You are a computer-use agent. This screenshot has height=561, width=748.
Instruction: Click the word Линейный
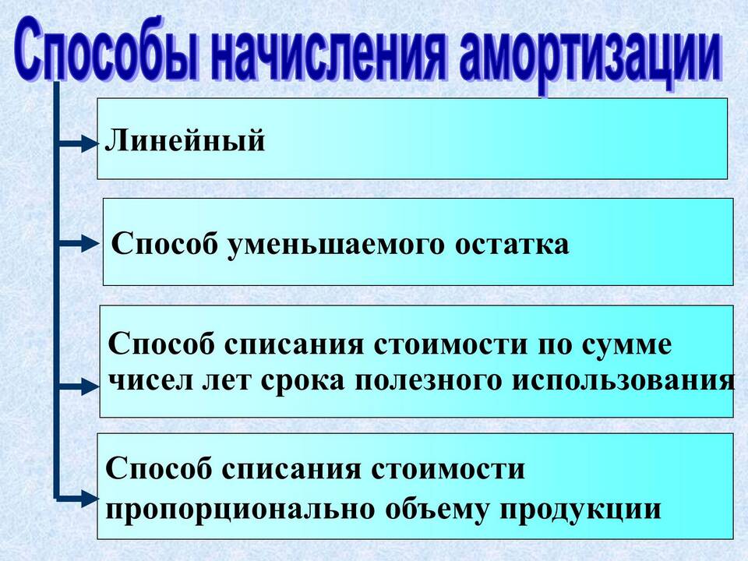(185, 141)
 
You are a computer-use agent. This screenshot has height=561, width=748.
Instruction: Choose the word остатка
(512, 245)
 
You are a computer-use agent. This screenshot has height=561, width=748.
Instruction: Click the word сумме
(626, 345)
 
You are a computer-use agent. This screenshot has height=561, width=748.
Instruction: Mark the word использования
(623, 381)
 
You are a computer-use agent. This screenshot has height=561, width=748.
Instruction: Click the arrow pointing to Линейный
(78, 143)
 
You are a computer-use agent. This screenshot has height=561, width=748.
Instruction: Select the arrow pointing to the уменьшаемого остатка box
(78, 243)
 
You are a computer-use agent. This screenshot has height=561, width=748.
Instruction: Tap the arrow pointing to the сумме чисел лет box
(78, 386)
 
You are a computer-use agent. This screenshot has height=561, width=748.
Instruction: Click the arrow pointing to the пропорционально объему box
(78, 499)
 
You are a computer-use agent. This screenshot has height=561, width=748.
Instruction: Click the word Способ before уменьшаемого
(164, 244)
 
